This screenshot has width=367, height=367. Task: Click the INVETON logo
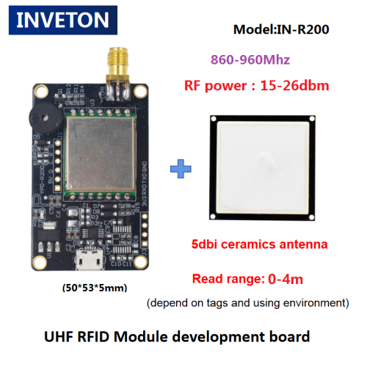[63, 20]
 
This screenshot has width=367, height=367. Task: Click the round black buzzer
[45, 119]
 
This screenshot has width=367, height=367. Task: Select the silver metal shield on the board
[101, 153]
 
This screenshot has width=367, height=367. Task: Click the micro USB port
[89, 260]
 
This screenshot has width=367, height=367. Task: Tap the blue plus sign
[181, 169]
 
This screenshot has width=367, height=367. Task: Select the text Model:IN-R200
[281, 29]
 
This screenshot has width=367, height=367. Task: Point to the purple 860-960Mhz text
[250, 59]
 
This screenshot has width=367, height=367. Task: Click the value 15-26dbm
[294, 86]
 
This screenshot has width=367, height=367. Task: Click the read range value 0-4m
[286, 279]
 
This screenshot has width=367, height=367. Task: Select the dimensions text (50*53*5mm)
[95, 288]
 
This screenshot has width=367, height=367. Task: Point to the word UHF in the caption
[59, 337]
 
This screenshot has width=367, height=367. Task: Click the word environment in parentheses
[316, 303]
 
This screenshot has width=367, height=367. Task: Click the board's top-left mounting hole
[40, 91]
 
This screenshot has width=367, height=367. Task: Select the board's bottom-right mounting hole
[140, 261]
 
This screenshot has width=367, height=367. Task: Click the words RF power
[215, 86]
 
